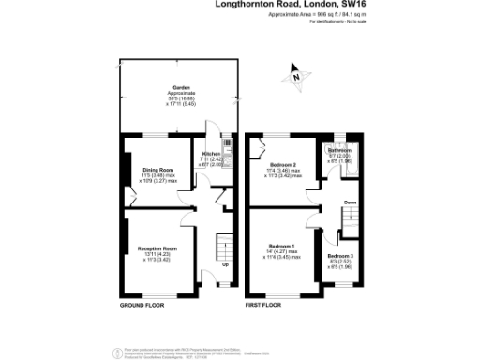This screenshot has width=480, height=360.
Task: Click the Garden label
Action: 169,87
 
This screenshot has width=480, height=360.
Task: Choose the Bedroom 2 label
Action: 282,165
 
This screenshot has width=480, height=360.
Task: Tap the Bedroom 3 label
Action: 341,255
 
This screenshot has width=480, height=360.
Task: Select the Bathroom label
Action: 339,150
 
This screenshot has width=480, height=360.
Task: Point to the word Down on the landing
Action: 350,202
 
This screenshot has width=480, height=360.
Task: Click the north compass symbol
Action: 297,78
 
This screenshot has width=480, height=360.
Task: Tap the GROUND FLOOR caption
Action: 142,306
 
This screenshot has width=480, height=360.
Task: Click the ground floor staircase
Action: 224,249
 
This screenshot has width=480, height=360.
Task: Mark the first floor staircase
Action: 349,219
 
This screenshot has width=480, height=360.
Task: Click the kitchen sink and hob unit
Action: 225,151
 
